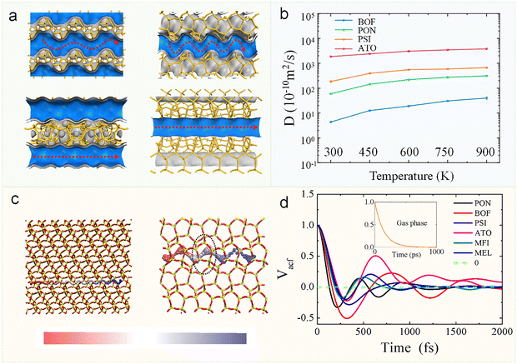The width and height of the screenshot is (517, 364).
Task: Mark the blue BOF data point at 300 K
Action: tap(331, 122)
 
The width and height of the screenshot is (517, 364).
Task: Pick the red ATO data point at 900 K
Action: tap(488, 48)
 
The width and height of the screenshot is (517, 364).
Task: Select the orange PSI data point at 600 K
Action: tap(409, 71)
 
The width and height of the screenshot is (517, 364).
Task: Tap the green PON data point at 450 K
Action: tap(369, 84)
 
